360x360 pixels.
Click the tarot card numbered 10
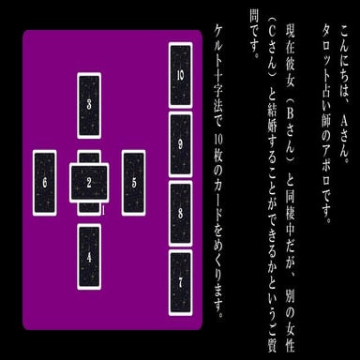179,74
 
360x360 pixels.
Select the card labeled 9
179,144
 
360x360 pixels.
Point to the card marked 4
89,256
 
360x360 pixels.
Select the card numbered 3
89,103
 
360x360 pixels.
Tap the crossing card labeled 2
89,181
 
